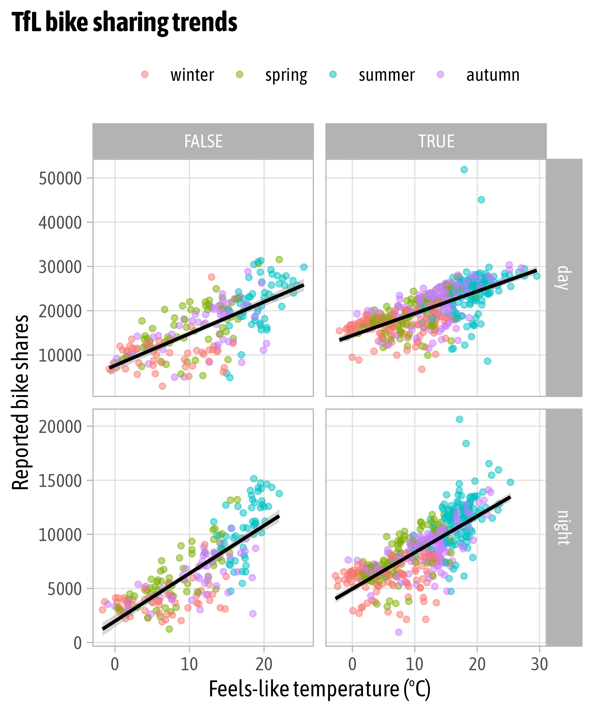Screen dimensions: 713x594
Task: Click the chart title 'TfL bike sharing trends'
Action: (x=124, y=22)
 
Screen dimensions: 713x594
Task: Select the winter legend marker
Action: (x=145, y=74)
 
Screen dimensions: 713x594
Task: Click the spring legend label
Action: (x=286, y=75)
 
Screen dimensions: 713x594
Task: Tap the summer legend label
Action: (x=387, y=75)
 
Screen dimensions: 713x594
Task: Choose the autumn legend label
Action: (x=493, y=75)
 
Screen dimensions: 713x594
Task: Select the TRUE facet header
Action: (x=436, y=141)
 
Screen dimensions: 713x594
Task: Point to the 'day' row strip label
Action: (x=564, y=277)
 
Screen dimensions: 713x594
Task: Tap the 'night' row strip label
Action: (x=564, y=528)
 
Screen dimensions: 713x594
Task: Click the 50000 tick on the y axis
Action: (x=60, y=178)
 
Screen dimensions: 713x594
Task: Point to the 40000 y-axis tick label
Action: (x=60, y=223)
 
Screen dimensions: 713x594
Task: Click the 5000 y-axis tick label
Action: (x=64, y=589)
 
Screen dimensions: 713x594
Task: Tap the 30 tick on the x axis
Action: (x=539, y=664)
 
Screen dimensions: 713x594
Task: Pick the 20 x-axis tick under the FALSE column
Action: (x=264, y=664)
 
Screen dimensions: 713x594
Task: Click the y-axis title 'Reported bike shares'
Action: (x=20, y=402)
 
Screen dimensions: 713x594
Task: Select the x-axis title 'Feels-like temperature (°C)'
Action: (x=319, y=689)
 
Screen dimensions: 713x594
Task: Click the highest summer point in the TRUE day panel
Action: (x=464, y=169)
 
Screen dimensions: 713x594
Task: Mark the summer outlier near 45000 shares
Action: (x=481, y=200)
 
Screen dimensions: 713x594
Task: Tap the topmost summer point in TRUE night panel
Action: (x=459, y=419)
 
